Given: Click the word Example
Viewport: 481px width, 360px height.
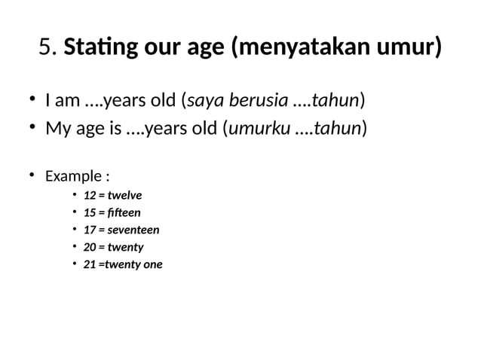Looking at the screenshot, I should tap(74, 177).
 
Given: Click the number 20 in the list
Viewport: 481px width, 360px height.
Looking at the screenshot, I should tap(90, 247).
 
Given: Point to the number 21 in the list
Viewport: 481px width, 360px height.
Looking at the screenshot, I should tap(90, 264).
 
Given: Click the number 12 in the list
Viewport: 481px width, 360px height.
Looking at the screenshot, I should tap(90, 196).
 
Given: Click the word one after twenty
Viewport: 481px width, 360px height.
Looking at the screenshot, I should tap(152, 264).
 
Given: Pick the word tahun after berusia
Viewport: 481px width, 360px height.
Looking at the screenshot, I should tap(336, 100).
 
